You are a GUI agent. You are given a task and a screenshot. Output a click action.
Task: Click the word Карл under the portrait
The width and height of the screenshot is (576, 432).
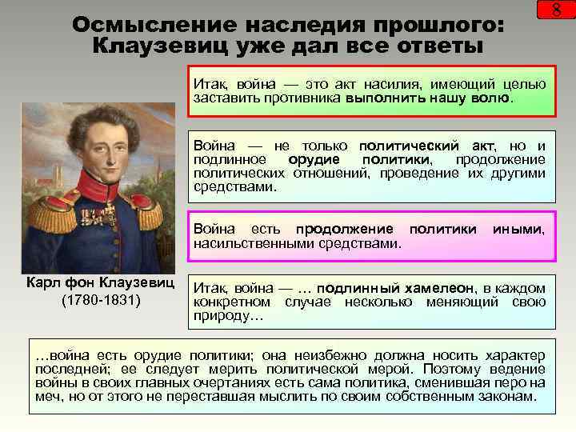(x=41, y=284)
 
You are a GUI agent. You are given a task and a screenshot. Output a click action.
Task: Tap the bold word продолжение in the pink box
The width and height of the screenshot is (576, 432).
(x=344, y=230)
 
